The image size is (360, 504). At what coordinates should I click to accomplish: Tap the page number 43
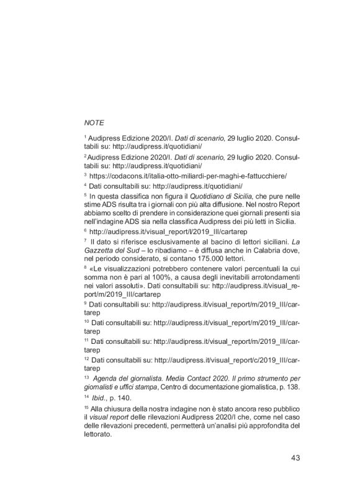pyautogui.click(x=295, y=459)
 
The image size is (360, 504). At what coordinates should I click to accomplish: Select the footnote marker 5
pyautogui.click(x=86, y=194)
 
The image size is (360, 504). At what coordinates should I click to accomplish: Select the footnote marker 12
pyautogui.click(x=86, y=358)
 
